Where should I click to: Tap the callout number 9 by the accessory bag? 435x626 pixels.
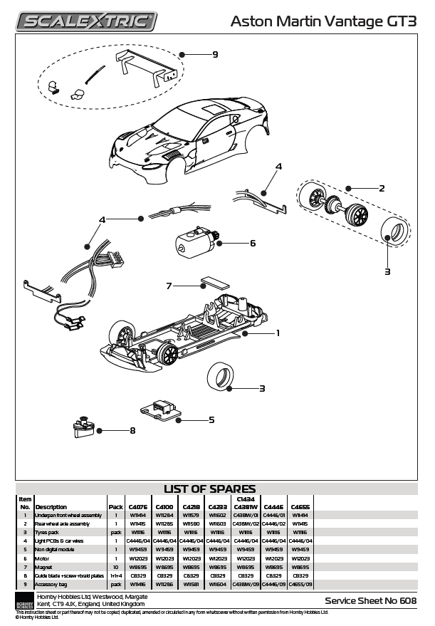click(215, 54)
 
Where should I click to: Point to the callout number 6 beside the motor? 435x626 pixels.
click(252, 243)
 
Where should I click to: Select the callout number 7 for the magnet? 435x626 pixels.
click(169, 286)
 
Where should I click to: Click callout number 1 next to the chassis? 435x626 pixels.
click(277, 333)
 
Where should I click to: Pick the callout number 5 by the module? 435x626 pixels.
click(211, 419)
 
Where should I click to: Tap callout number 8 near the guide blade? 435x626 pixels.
click(132, 430)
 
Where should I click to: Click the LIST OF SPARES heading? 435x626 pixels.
click(209, 489)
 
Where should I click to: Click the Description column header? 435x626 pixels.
click(51, 507)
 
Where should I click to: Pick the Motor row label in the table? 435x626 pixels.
click(41, 559)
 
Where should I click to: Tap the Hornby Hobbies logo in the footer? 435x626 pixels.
click(24, 600)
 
